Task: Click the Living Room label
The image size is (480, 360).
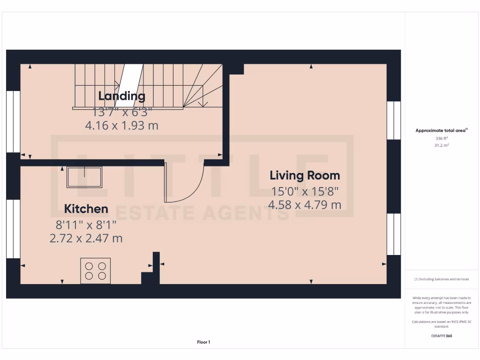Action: (x=305, y=176)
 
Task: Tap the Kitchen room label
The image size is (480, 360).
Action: (x=86, y=209)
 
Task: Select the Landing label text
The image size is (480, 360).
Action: (x=121, y=96)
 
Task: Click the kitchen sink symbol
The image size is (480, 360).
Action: (x=84, y=177)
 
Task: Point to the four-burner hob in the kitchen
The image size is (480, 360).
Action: (x=96, y=270)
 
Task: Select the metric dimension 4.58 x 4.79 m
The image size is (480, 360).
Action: (x=305, y=205)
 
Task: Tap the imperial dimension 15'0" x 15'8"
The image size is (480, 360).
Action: (x=305, y=191)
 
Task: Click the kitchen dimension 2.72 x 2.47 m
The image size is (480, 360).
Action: (x=86, y=238)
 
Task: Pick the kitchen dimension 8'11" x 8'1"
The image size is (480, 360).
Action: (x=86, y=225)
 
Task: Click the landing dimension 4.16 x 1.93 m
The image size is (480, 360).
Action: (x=121, y=126)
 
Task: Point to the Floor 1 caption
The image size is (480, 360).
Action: (x=203, y=342)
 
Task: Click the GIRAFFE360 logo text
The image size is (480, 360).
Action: (x=442, y=336)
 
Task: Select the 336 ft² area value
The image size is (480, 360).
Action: (x=442, y=139)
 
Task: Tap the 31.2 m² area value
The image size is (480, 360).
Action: (x=442, y=145)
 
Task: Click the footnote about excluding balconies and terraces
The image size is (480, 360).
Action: (x=442, y=279)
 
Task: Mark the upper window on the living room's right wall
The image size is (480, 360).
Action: (x=394, y=120)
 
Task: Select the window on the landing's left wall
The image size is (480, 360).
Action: (x=13, y=121)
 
